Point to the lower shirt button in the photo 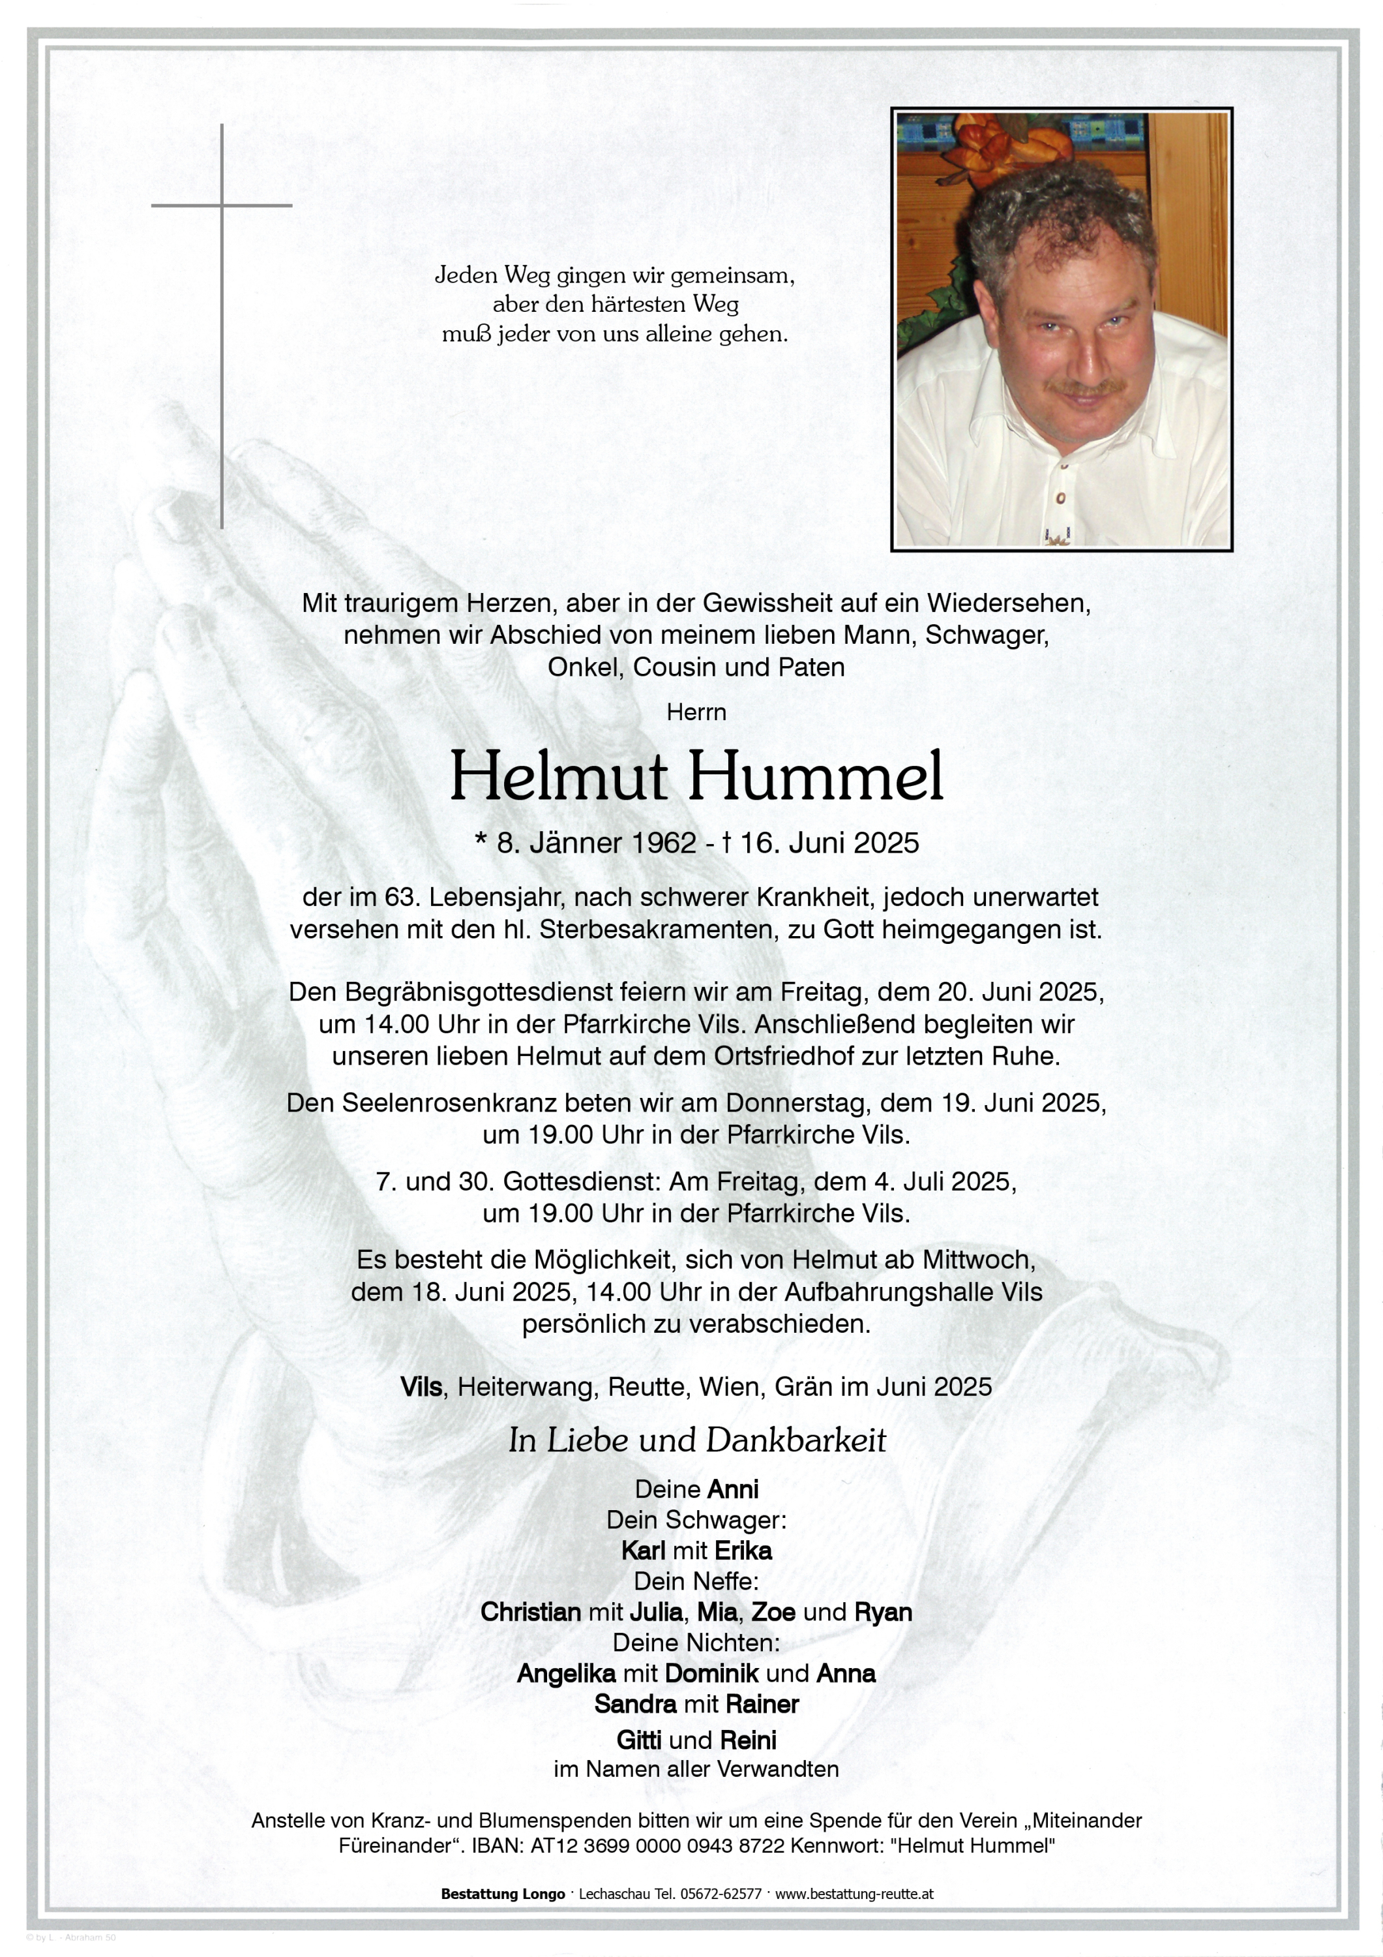pos(1061,497)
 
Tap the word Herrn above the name pos(696,712)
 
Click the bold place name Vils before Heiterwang pos(421,1387)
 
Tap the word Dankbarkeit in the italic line pos(797,1440)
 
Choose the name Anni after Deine pos(733,1489)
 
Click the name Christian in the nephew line pos(530,1612)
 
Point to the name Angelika pos(566,1673)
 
